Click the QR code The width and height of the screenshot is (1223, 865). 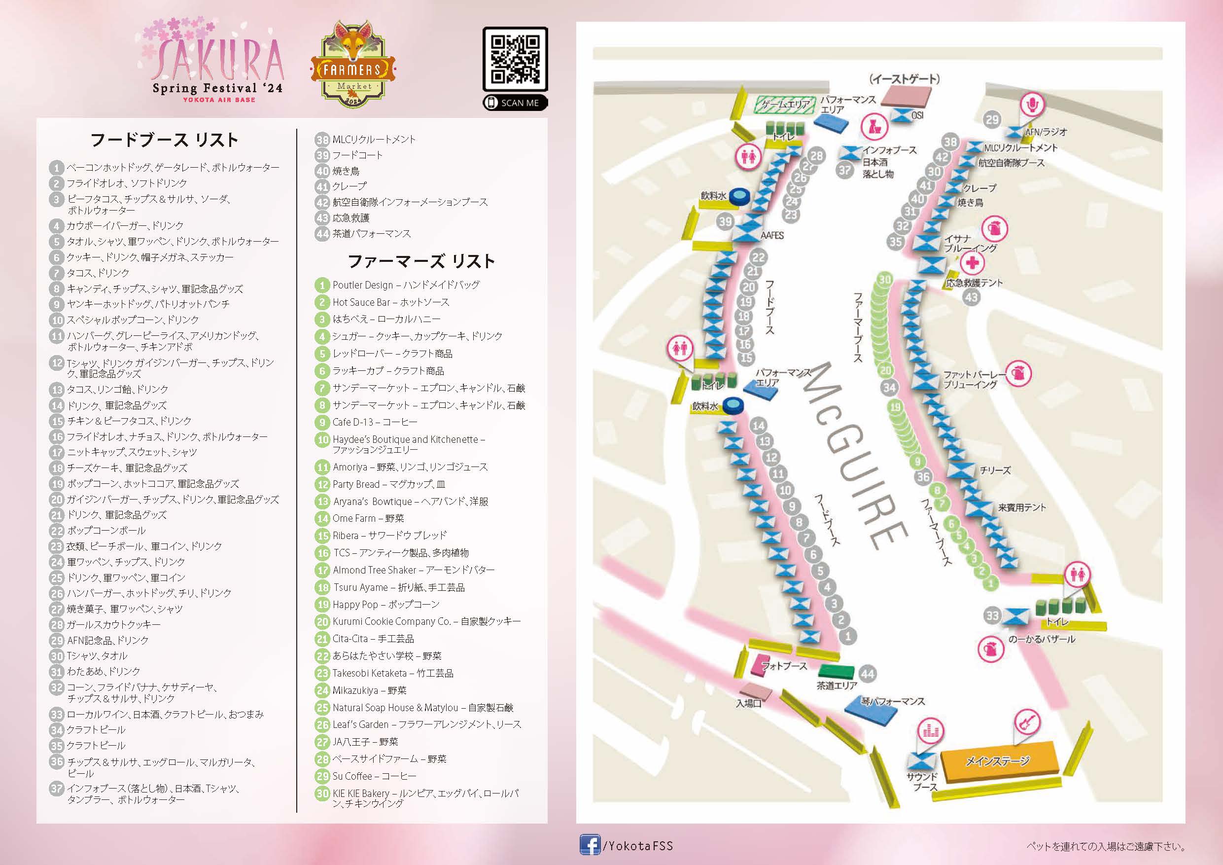(x=515, y=59)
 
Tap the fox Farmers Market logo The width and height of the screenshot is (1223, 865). (x=353, y=65)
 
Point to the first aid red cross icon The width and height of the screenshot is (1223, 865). (x=973, y=262)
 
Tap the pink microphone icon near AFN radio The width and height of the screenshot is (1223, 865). (x=1032, y=105)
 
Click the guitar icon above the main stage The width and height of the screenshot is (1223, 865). (x=1026, y=722)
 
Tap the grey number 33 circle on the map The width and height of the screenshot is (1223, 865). (x=992, y=616)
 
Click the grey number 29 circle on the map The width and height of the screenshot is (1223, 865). (x=992, y=120)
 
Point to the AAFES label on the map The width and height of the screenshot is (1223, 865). (x=772, y=236)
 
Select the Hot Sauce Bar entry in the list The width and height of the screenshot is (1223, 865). (x=390, y=302)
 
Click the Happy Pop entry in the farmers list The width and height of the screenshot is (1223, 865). (x=385, y=605)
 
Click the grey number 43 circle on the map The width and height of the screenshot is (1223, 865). (x=972, y=297)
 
